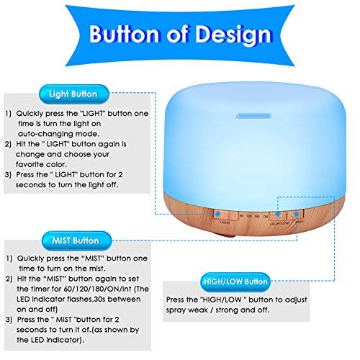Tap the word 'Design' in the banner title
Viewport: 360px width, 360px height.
click(x=233, y=34)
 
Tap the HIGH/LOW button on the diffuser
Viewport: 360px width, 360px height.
click(x=279, y=215)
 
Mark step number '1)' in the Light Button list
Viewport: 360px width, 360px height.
click(x=8, y=114)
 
